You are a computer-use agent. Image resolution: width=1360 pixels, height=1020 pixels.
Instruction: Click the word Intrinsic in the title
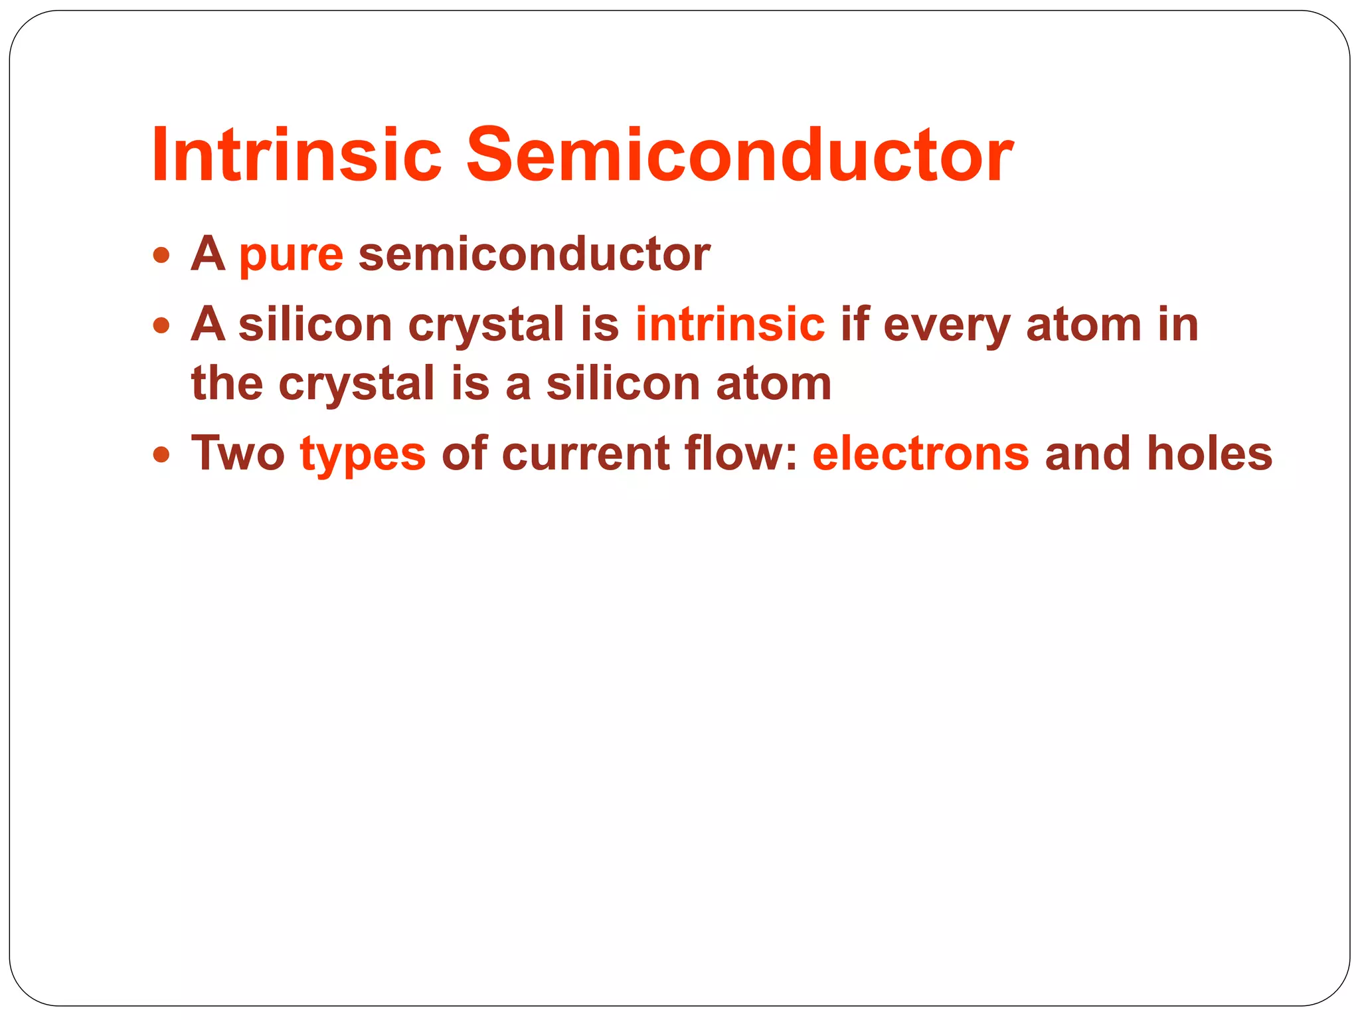[x=296, y=155]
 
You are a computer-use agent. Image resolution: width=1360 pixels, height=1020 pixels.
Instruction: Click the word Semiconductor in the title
[x=739, y=155]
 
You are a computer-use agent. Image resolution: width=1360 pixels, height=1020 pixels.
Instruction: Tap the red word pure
[x=291, y=256]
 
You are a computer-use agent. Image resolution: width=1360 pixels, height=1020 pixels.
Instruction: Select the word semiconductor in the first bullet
[x=534, y=254]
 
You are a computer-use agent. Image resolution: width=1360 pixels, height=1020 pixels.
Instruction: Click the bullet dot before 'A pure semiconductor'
[x=161, y=255]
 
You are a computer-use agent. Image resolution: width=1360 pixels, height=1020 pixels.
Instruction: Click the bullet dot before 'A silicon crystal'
[x=161, y=325]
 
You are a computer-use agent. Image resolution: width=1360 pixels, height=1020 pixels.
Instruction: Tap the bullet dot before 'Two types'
[x=161, y=455]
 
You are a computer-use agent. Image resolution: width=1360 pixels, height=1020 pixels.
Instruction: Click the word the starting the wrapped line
[x=227, y=384]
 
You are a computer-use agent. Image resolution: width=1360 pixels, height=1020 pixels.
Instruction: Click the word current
[x=585, y=454]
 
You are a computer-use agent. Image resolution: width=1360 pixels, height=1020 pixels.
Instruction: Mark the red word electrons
[x=920, y=454]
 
